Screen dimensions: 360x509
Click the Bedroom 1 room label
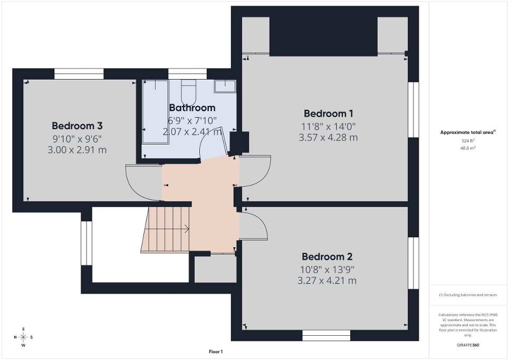click(328, 113)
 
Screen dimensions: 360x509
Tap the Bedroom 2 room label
click(326, 257)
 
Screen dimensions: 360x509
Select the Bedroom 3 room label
click(77, 125)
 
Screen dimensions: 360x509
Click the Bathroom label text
click(192, 108)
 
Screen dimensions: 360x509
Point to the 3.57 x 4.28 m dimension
click(328, 137)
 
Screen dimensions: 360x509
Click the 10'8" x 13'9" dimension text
click(326, 269)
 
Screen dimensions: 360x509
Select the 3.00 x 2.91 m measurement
click(77, 150)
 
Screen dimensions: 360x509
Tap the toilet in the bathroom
click(188, 92)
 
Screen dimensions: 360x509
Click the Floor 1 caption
click(215, 352)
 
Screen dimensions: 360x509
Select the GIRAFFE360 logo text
click(468, 345)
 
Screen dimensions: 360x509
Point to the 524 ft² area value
click(468, 141)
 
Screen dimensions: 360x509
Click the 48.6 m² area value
click(468, 149)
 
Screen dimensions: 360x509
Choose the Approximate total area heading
click(467, 133)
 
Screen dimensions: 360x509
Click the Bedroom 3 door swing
click(142, 182)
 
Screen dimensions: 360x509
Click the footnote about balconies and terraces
click(468, 295)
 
